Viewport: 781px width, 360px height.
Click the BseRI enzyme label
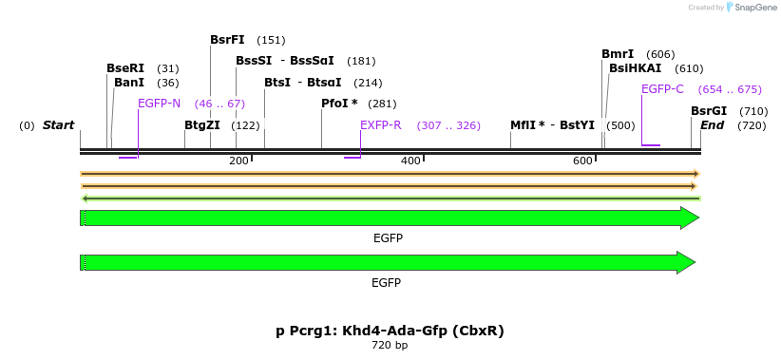tap(125, 68)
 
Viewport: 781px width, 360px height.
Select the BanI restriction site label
tap(129, 83)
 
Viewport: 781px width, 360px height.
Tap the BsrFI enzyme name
tap(227, 40)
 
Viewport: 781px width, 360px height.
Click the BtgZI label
tap(202, 125)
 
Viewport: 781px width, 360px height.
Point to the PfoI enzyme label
tap(339, 104)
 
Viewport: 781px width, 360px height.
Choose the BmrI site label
tap(618, 54)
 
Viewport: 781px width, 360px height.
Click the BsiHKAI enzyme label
tap(635, 68)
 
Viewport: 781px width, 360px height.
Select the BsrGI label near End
tap(709, 111)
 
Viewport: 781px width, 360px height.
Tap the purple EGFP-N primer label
tap(159, 104)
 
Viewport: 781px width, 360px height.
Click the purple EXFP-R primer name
tap(380, 125)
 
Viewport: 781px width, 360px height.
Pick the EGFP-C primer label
tap(662, 89)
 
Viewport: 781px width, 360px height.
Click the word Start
tap(58, 125)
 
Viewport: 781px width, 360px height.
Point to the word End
tap(713, 125)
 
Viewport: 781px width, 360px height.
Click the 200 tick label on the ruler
tap(238, 161)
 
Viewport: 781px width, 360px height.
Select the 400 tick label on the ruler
tap(410, 161)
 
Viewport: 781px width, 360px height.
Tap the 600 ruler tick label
tap(582, 161)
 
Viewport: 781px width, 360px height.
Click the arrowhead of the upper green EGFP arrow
tap(690, 218)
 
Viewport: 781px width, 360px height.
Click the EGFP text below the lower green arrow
tap(387, 283)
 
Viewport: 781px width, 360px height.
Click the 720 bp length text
tap(390, 346)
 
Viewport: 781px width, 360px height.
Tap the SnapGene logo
tap(752, 8)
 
